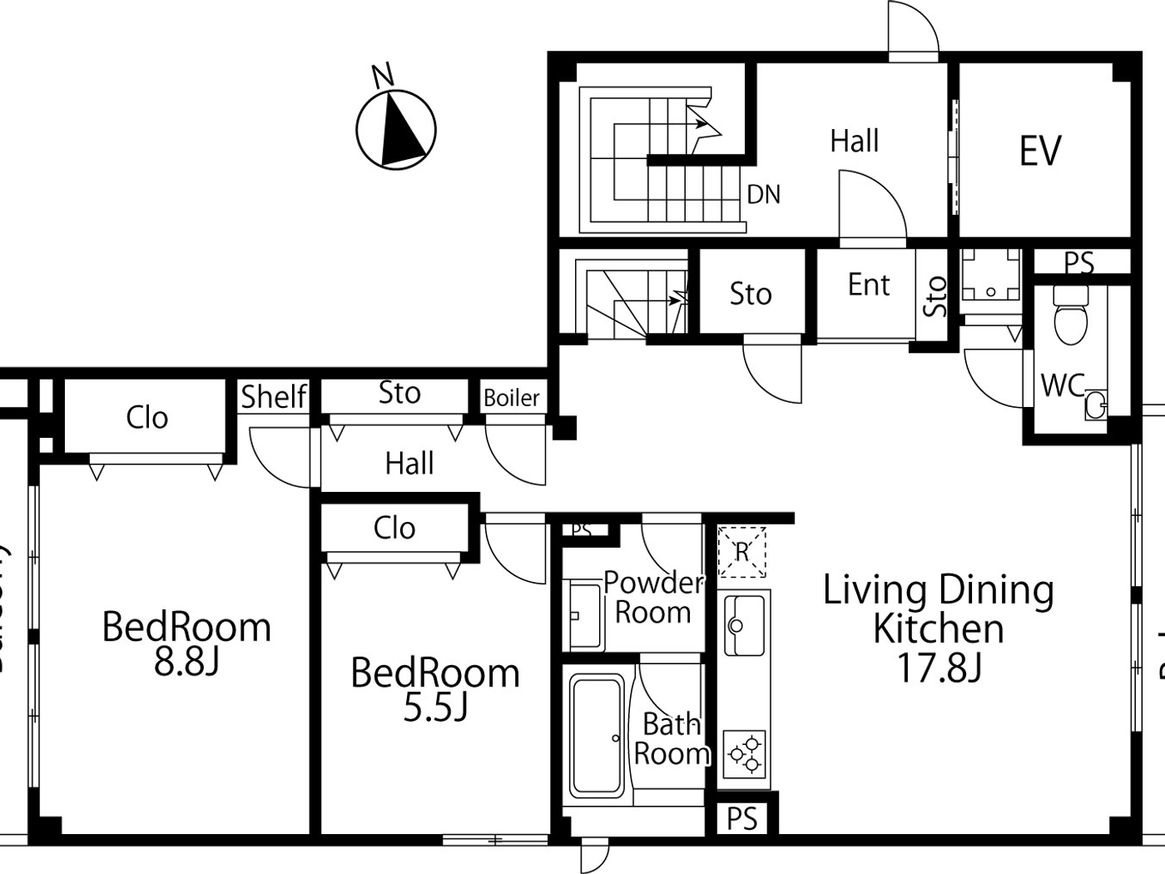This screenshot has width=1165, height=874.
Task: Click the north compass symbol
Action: [396, 129]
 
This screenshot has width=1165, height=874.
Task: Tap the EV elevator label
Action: [1040, 151]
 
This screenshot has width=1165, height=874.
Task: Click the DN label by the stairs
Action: [764, 195]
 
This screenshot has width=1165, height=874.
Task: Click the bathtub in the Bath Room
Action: [597, 735]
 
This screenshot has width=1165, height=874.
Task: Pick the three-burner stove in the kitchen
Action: [745, 753]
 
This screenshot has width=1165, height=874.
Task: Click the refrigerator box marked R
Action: [741, 551]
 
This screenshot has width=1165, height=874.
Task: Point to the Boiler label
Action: [512, 398]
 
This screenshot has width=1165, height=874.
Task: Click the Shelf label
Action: [274, 397]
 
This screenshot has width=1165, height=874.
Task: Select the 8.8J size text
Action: [186, 663]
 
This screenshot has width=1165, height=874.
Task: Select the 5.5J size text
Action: [435, 708]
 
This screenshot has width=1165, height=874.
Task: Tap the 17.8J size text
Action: [939, 668]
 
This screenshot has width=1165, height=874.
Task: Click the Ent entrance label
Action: [869, 286]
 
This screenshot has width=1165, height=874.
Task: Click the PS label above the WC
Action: [1079, 262]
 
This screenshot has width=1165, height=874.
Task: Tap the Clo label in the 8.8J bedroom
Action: [147, 417]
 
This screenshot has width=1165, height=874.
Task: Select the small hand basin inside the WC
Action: [1096, 405]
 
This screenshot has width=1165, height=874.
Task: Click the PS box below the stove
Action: [742, 818]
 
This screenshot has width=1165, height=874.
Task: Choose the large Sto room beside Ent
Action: [751, 294]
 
